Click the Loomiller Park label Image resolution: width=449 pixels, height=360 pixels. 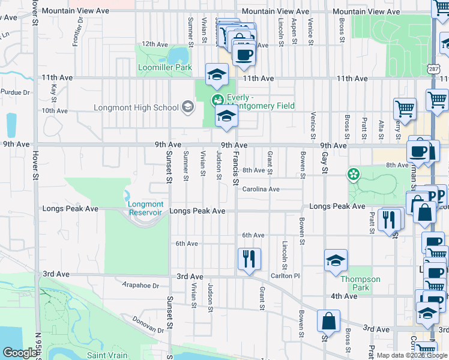point(165,67)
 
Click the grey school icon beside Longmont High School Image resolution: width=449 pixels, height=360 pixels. point(188,107)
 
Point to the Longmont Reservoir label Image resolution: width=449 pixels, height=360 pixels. point(145,208)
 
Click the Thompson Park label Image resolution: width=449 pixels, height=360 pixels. point(360,283)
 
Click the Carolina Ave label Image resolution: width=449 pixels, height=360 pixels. point(261,189)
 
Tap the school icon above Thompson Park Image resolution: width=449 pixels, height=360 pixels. point(336,260)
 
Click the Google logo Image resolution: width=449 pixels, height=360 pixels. point(20,353)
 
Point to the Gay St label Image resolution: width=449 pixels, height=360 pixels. point(325,162)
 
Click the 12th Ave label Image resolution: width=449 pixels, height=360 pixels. point(154,44)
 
